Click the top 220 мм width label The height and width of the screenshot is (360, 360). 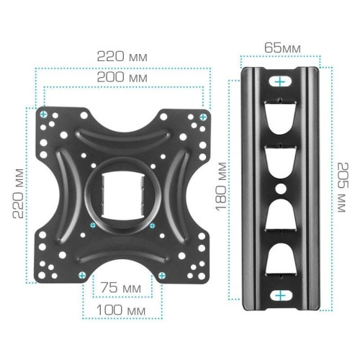click(x=123, y=55)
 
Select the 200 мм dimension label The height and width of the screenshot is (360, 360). click(x=123, y=77)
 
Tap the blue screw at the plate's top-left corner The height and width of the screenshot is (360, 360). click(x=45, y=114)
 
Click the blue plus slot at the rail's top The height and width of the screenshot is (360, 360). click(x=278, y=84)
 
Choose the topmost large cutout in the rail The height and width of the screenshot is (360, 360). click(x=278, y=117)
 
